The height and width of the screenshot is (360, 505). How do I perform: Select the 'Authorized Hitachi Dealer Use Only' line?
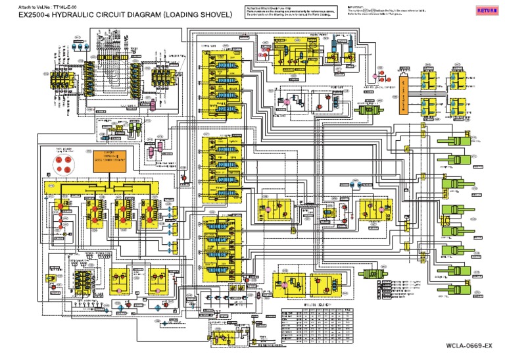(x=264, y=7)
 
